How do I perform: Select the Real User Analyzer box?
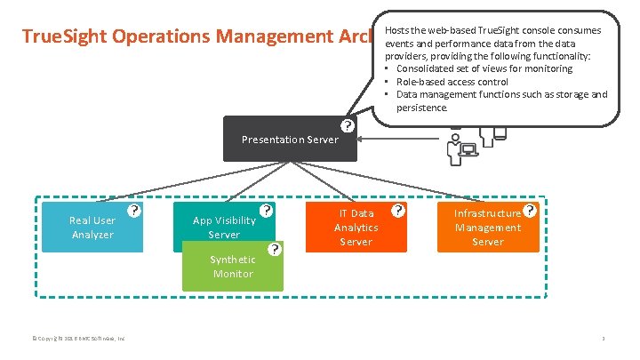(x=92, y=228)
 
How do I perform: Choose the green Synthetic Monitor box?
(x=232, y=267)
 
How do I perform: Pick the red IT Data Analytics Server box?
(x=356, y=228)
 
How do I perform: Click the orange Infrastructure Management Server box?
(x=487, y=228)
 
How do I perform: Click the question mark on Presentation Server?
(x=348, y=126)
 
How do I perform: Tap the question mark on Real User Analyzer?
(x=133, y=211)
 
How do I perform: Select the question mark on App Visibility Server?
(x=265, y=212)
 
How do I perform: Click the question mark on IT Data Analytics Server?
(x=398, y=211)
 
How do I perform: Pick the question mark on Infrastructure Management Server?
(x=531, y=211)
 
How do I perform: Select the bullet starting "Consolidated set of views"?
(x=484, y=68)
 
